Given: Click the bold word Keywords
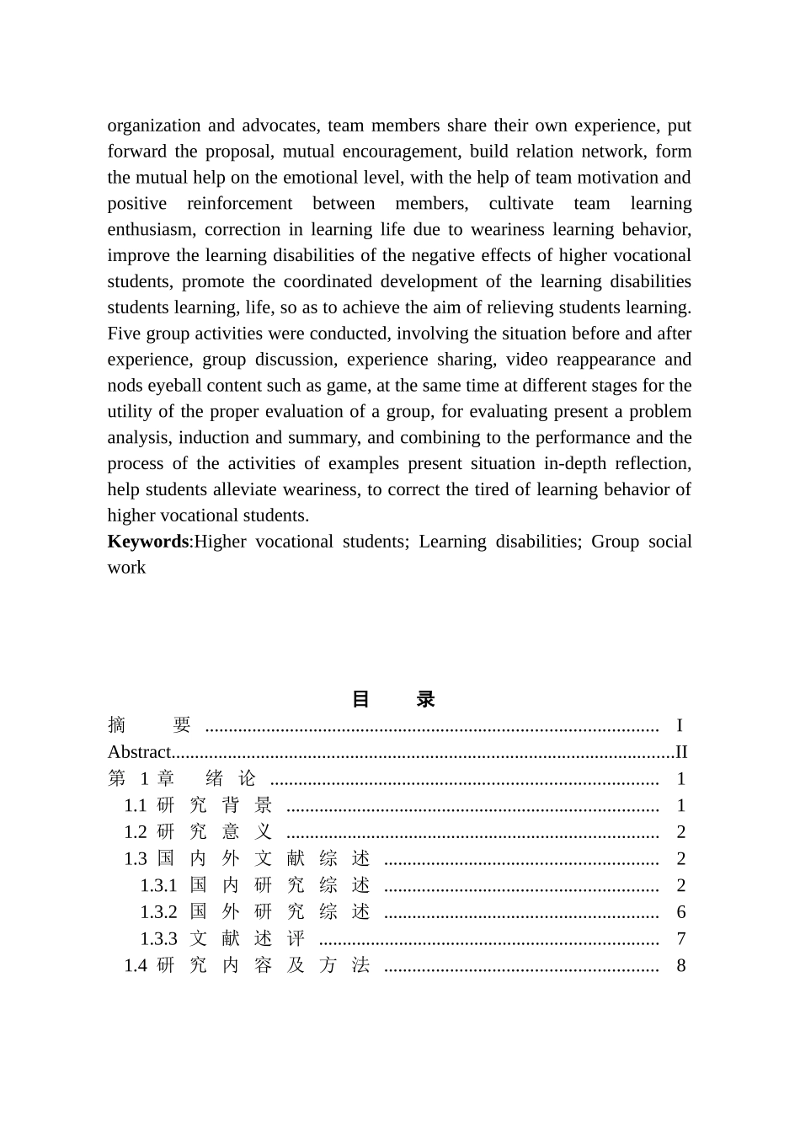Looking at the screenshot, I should click(147, 542).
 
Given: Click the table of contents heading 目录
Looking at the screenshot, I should click(392, 699).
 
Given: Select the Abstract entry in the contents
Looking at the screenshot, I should click(139, 752).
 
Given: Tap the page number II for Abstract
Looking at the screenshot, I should click(681, 752).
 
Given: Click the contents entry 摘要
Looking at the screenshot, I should click(150, 725).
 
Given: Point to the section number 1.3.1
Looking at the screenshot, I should click(158, 885).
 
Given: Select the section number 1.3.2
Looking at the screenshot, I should click(158, 912).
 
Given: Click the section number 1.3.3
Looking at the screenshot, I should click(158, 939).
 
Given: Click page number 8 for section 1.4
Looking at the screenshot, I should click(681, 966).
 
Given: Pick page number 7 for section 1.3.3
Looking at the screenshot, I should click(681, 939).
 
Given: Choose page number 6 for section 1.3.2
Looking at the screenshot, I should click(681, 912).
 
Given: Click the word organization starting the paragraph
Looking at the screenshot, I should click(154, 126).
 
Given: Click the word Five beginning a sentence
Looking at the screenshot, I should click(124, 334).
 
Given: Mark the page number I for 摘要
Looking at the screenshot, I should click(680, 725).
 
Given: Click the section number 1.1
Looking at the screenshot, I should click(135, 806).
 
